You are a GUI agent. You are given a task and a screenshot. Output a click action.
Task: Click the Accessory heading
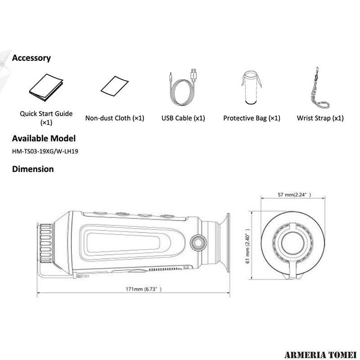(31, 58)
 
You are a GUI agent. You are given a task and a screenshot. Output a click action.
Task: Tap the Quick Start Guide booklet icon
(46, 87)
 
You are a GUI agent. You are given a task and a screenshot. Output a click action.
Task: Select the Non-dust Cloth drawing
(115, 86)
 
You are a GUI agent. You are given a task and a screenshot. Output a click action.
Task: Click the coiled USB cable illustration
(183, 87)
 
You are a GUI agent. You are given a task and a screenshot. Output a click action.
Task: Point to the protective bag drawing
(251, 87)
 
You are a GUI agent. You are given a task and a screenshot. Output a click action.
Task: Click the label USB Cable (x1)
(183, 118)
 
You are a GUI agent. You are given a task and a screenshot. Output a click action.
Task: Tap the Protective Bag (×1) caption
(252, 118)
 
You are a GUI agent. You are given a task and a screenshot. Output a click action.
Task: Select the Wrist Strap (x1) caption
(320, 118)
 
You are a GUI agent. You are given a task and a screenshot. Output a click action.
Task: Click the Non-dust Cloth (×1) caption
(115, 118)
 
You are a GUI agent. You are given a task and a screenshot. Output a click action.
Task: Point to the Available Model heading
(44, 139)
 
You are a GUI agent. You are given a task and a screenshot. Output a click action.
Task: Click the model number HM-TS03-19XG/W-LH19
(45, 151)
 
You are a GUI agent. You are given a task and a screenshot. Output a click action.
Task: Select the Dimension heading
(33, 169)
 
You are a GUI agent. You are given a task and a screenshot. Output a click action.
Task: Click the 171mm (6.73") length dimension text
(144, 289)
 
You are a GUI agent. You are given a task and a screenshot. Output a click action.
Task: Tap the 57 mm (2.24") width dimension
(294, 195)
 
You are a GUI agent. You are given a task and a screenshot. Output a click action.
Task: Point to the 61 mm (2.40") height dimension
(247, 246)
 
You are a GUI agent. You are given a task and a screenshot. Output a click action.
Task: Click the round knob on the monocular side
(198, 243)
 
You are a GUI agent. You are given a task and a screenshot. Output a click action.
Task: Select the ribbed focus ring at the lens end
(46, 243)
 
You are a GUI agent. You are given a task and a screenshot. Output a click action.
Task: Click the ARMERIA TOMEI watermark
(320, 355)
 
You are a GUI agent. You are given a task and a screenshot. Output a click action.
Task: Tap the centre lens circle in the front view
(293, 243)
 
